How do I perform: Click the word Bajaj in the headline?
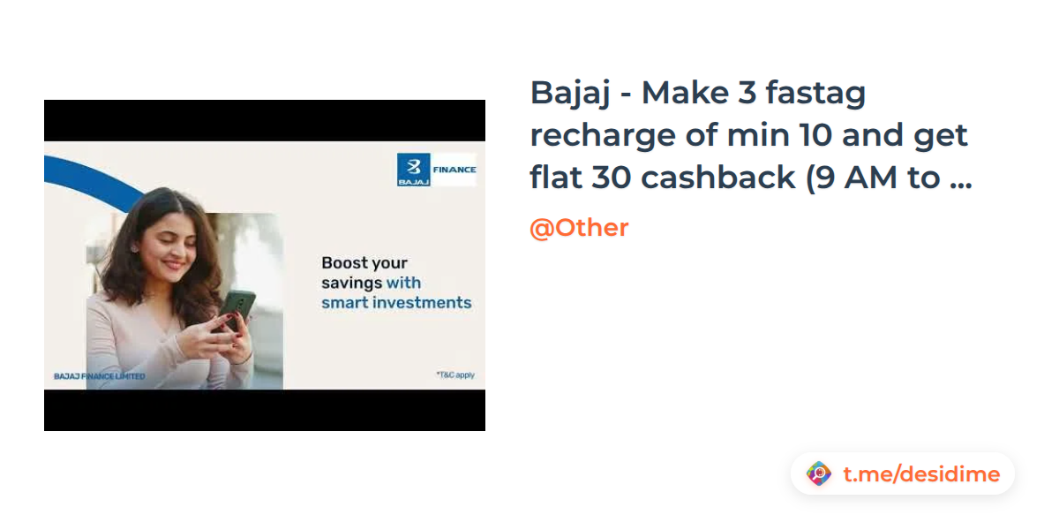pyautogui.click(x=570, y=95)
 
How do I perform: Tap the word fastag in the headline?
pyautogui.click(x=815, y=95)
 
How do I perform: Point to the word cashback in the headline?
pyautogui.click(x=717, y=178)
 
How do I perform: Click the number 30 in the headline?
pyautogui.click(x=612, y=178)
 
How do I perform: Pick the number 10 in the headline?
pyautogui.click(x=815, y=135)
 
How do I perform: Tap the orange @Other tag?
pyautogui.click(x=579, y=228)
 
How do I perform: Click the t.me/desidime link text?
pyautogui.click(x=921, y=474)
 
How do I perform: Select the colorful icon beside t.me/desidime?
pyautogui.click(x=819, y=473)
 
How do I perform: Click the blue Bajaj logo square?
pyautogui.click(x=413, y=170)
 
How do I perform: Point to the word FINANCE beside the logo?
pyautogui.click(x=454, y=170)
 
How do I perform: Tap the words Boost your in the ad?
pyautogui.click(x=364, y=263)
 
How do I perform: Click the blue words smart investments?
pyautogui.click(x=396, y=303)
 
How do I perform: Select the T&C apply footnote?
pyautogui.click(x=455, y=375)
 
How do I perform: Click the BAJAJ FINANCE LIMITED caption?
pyautogui.click(x=99, y=376)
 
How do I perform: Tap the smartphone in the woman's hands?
pyautogui.click(x=237, y=309)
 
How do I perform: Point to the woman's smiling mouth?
pyautogui.click(x=174, y=264)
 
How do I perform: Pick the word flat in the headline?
pyautogui.click(x=555, y=177)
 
